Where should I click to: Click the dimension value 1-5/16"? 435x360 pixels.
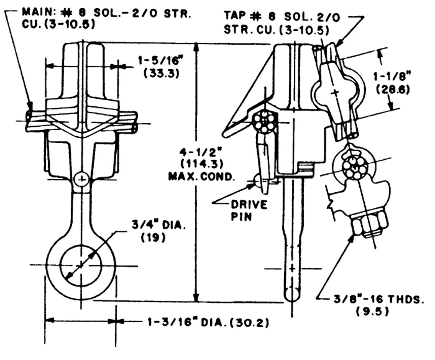159,61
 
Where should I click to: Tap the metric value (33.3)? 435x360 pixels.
159,73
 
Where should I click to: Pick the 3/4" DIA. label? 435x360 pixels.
158,225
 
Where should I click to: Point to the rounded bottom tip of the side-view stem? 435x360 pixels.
292,294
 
